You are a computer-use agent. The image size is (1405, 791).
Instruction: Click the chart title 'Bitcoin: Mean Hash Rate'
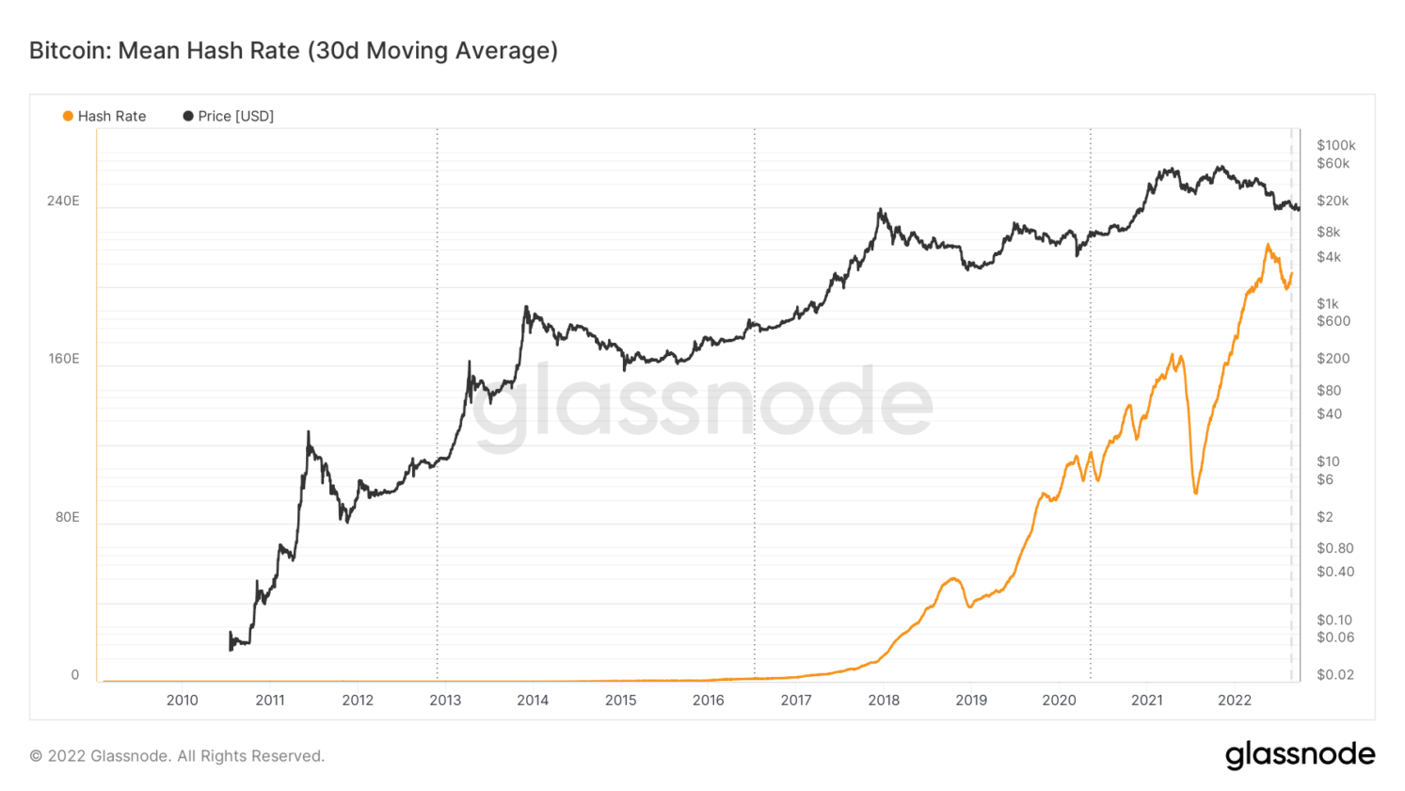(x=293, y=50)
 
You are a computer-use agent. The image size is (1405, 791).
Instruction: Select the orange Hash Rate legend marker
(x=68, y=116)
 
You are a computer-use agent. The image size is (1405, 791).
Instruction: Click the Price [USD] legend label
(x=235, y=116)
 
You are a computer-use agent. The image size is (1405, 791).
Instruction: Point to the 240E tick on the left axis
(x=63, y=201)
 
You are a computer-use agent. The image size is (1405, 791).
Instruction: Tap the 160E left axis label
(x=63, y=359)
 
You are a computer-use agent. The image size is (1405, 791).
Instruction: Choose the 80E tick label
(x=66, y=517)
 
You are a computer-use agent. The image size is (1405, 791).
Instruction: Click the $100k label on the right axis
(x=1335, y=145)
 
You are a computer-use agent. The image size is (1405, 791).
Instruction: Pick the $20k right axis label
(x=1333, y=201)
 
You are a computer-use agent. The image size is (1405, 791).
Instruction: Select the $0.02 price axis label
(x=1335, y=674)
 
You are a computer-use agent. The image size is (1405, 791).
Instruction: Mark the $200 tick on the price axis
(x=1333, y=358)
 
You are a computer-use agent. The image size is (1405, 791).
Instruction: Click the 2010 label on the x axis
(x=182, y=700)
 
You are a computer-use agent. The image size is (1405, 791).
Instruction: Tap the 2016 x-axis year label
(x=708, y=700)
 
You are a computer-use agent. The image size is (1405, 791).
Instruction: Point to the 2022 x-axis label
(x=1234, y=700)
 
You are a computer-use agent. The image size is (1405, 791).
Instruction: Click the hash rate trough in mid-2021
(x=1195, y=492)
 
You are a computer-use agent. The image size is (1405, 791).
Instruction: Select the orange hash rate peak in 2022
(x=1268, y=246)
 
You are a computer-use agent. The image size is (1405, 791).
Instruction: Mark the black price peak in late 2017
(x=880, y=210)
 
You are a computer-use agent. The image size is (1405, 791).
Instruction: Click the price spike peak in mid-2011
(x=308, y=433)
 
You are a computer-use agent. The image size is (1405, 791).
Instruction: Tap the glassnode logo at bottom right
(x=1300, y=754)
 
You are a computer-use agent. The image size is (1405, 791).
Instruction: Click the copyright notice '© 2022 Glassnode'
(x=177, y=755)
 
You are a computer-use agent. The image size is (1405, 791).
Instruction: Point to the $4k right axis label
(x=1329, y=257)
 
